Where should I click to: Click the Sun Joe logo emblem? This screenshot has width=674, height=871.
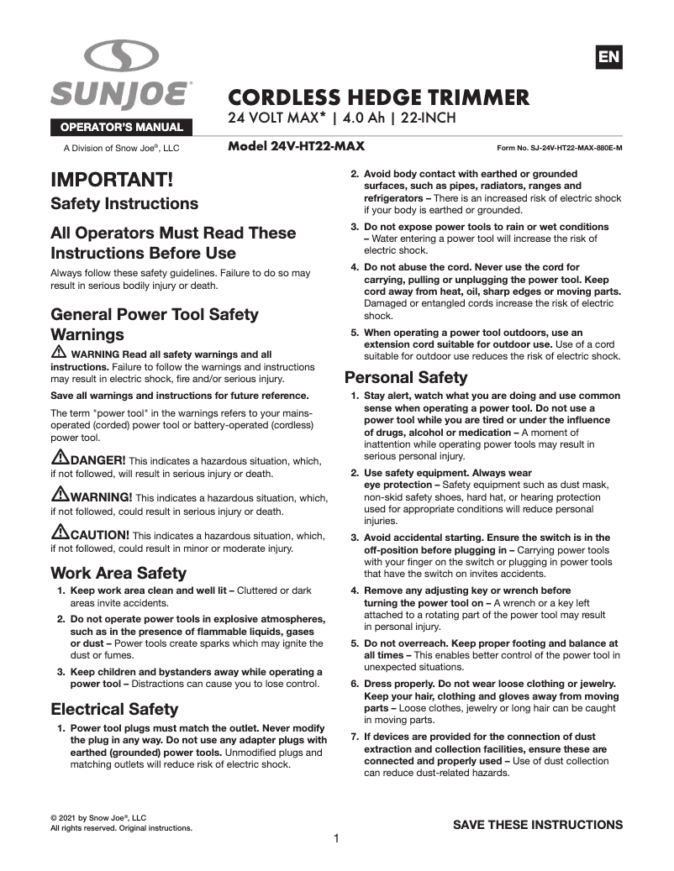121,57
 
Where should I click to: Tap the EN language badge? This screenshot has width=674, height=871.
609,56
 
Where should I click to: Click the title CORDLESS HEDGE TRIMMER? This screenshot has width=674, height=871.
379,97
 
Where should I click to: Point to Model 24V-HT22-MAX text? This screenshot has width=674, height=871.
296,146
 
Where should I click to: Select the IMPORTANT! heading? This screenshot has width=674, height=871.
112,180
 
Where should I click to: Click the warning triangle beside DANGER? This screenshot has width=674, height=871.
60,459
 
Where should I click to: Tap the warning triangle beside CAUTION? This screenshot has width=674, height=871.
60,533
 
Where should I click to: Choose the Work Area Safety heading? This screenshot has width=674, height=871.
118,574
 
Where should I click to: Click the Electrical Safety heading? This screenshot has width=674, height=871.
114,709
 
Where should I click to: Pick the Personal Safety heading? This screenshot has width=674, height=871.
406,377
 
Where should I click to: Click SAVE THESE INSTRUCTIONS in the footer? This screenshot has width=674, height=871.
538,825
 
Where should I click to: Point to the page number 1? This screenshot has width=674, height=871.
336,838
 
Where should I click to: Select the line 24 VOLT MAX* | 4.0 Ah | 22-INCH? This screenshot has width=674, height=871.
342,118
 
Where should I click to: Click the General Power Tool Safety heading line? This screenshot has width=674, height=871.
155,315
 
